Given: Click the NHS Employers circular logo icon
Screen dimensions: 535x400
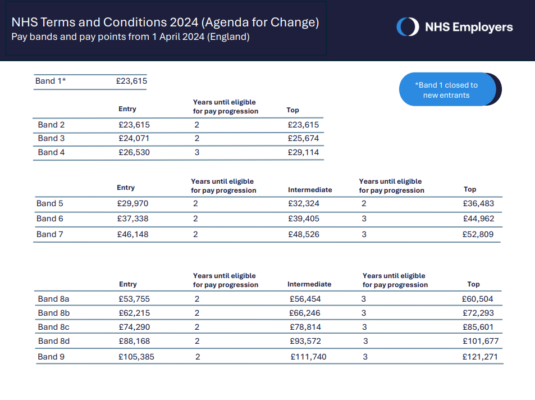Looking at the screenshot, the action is (x=408, y=26).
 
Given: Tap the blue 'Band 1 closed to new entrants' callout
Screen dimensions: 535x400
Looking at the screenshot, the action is (x=447, y=89).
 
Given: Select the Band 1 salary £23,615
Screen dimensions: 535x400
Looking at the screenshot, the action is (x=131, y=81).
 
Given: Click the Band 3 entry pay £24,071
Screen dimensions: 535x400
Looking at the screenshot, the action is (x=134, y=138).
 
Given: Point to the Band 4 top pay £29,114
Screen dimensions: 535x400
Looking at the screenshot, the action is (x=303, y=152).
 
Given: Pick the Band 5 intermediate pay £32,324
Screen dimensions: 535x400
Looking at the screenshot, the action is (x=304, y=203).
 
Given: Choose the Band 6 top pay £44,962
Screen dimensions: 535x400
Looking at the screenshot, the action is (x=478, y=219).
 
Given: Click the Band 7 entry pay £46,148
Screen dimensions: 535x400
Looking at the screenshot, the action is (x=132, y=234).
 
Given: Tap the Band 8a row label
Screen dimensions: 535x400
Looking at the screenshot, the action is (x=53, y=299).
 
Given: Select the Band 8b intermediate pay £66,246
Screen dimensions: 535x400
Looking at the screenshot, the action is (x=305, y=313).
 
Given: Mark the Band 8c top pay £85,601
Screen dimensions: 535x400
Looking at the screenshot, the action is (x=478, y=327).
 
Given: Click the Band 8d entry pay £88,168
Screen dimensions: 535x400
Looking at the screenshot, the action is (x=134, y=341).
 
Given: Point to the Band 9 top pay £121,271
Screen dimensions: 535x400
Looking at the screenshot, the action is (x=480, y=357).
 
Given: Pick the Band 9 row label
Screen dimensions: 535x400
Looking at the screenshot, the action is (x=51, y=357).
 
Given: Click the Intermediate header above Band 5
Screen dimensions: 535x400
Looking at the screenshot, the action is (x=310, y=189).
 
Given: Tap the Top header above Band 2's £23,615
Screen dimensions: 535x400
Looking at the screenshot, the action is (x=292, y=110).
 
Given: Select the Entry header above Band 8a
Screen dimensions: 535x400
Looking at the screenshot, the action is (x=128, y=284).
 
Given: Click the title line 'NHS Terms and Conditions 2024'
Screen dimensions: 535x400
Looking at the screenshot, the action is (x=105, y=22).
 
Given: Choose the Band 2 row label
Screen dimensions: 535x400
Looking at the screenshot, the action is (x=51, y=125).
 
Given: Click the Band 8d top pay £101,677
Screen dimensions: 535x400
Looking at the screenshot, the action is (x=481, y=341).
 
